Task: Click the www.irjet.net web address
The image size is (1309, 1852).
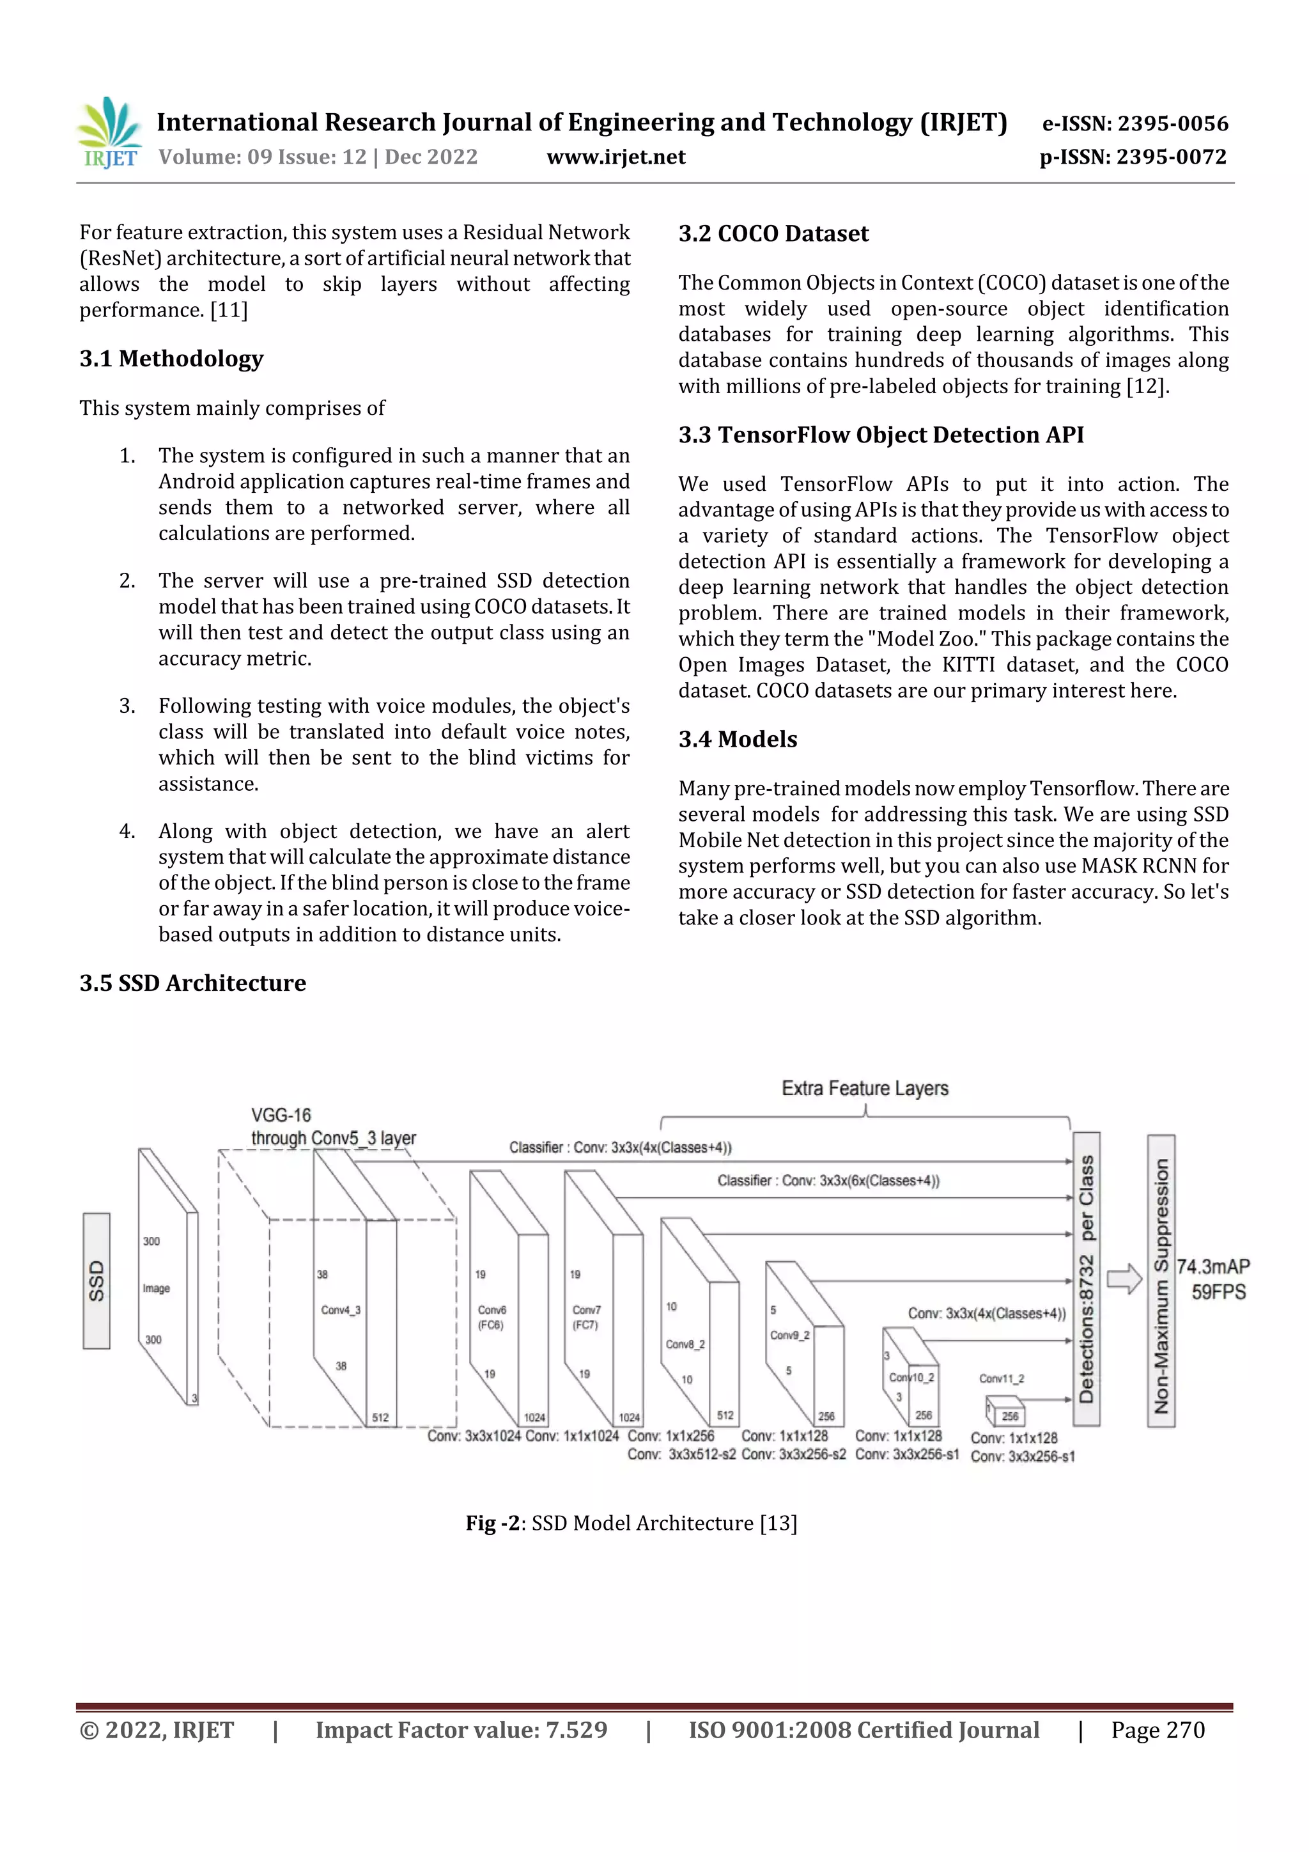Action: click(616, 157)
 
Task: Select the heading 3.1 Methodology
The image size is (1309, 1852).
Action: click(171, 359)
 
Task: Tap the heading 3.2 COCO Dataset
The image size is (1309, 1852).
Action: click(773, 234)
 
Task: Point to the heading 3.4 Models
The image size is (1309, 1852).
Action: click(737, 740)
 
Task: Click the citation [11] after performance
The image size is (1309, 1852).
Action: click(229, 311)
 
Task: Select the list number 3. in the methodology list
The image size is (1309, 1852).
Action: click(127, 706)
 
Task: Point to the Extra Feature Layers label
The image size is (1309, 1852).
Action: click(865, 1089)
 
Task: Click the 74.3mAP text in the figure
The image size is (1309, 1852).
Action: click(1213, 1266)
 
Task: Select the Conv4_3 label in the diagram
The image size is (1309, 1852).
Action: click(341, 1310)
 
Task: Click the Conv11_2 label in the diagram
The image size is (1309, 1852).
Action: click(1001, 1378)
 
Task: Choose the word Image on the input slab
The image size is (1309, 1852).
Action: click(157, 1288)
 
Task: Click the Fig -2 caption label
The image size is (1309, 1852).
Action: click(492, 1523)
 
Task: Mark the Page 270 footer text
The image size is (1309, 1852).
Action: click(1158, 1730)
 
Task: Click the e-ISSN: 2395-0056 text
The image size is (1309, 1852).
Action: click(1135, 123)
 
